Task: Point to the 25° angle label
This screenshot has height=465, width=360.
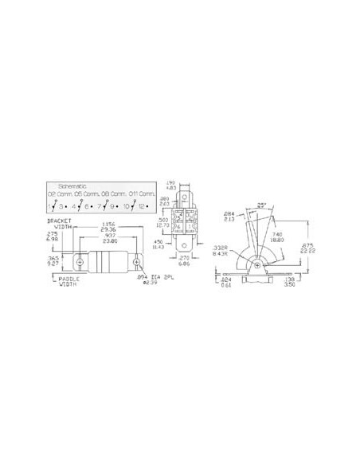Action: click(x=259, y=206)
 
